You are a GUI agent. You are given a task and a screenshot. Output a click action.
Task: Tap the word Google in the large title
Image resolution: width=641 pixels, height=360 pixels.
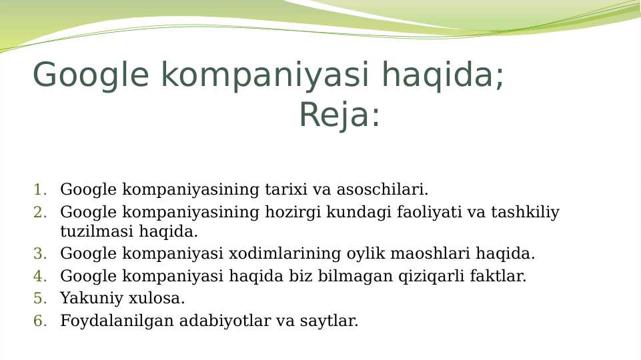tap(91, 75)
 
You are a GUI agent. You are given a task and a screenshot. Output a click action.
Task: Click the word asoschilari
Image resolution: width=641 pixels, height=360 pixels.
tap(382, 190)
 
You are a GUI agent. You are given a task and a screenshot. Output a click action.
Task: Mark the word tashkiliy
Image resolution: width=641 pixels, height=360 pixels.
tap(525, 213)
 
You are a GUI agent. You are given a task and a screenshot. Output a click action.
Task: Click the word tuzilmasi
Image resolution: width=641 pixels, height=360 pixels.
tap(97, 232)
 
